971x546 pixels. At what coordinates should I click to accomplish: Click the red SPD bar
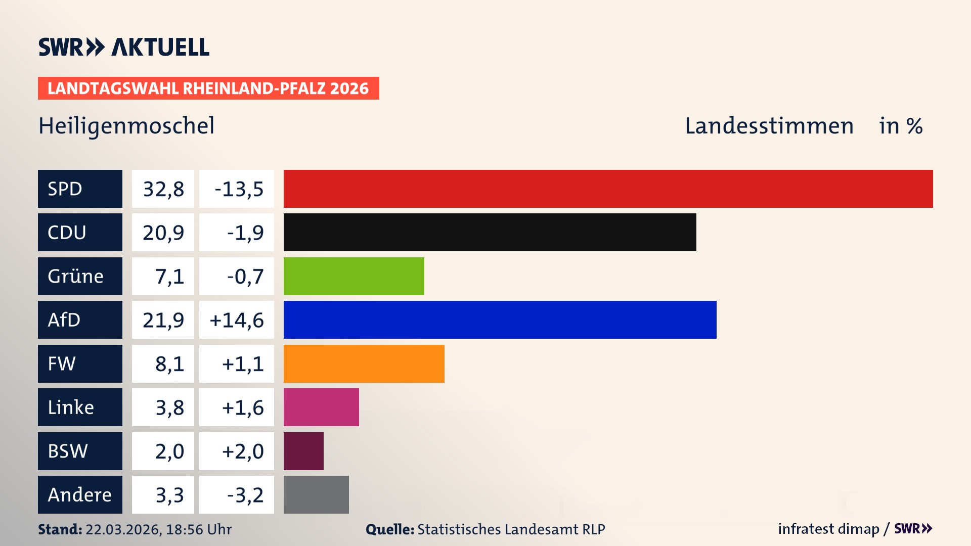[x=608, y=189]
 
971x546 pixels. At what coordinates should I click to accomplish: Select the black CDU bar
[x=490, y=232]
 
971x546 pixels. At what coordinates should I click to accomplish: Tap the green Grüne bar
[x=354, y=276]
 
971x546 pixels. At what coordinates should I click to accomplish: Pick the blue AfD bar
[x=500, y=320]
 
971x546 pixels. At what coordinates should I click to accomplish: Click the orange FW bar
[x=364, y=363]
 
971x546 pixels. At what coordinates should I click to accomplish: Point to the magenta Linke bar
[x=321, y=407]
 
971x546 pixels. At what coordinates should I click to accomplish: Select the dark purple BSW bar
[x=303, y=451]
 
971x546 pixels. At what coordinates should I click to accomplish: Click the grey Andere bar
[x=316, y=494]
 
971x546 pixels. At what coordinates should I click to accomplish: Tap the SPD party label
[x=80, y=189]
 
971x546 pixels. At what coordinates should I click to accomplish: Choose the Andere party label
[x=80, y=494]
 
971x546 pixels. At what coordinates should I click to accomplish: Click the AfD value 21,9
[x=163, y=320]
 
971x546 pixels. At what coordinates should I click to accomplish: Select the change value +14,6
[x=237, y=320]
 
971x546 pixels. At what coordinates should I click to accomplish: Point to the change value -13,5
[x=237, y=189]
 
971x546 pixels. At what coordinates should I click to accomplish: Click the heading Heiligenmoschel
[x=126, y=126]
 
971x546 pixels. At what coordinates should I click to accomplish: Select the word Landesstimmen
[x=769, y=126]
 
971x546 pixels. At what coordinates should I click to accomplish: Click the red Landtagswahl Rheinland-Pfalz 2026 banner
[x=208, y=88]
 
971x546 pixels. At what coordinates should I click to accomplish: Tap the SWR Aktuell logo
[x=124, y=47]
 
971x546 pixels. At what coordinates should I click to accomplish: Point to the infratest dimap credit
[x=828, y=529]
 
